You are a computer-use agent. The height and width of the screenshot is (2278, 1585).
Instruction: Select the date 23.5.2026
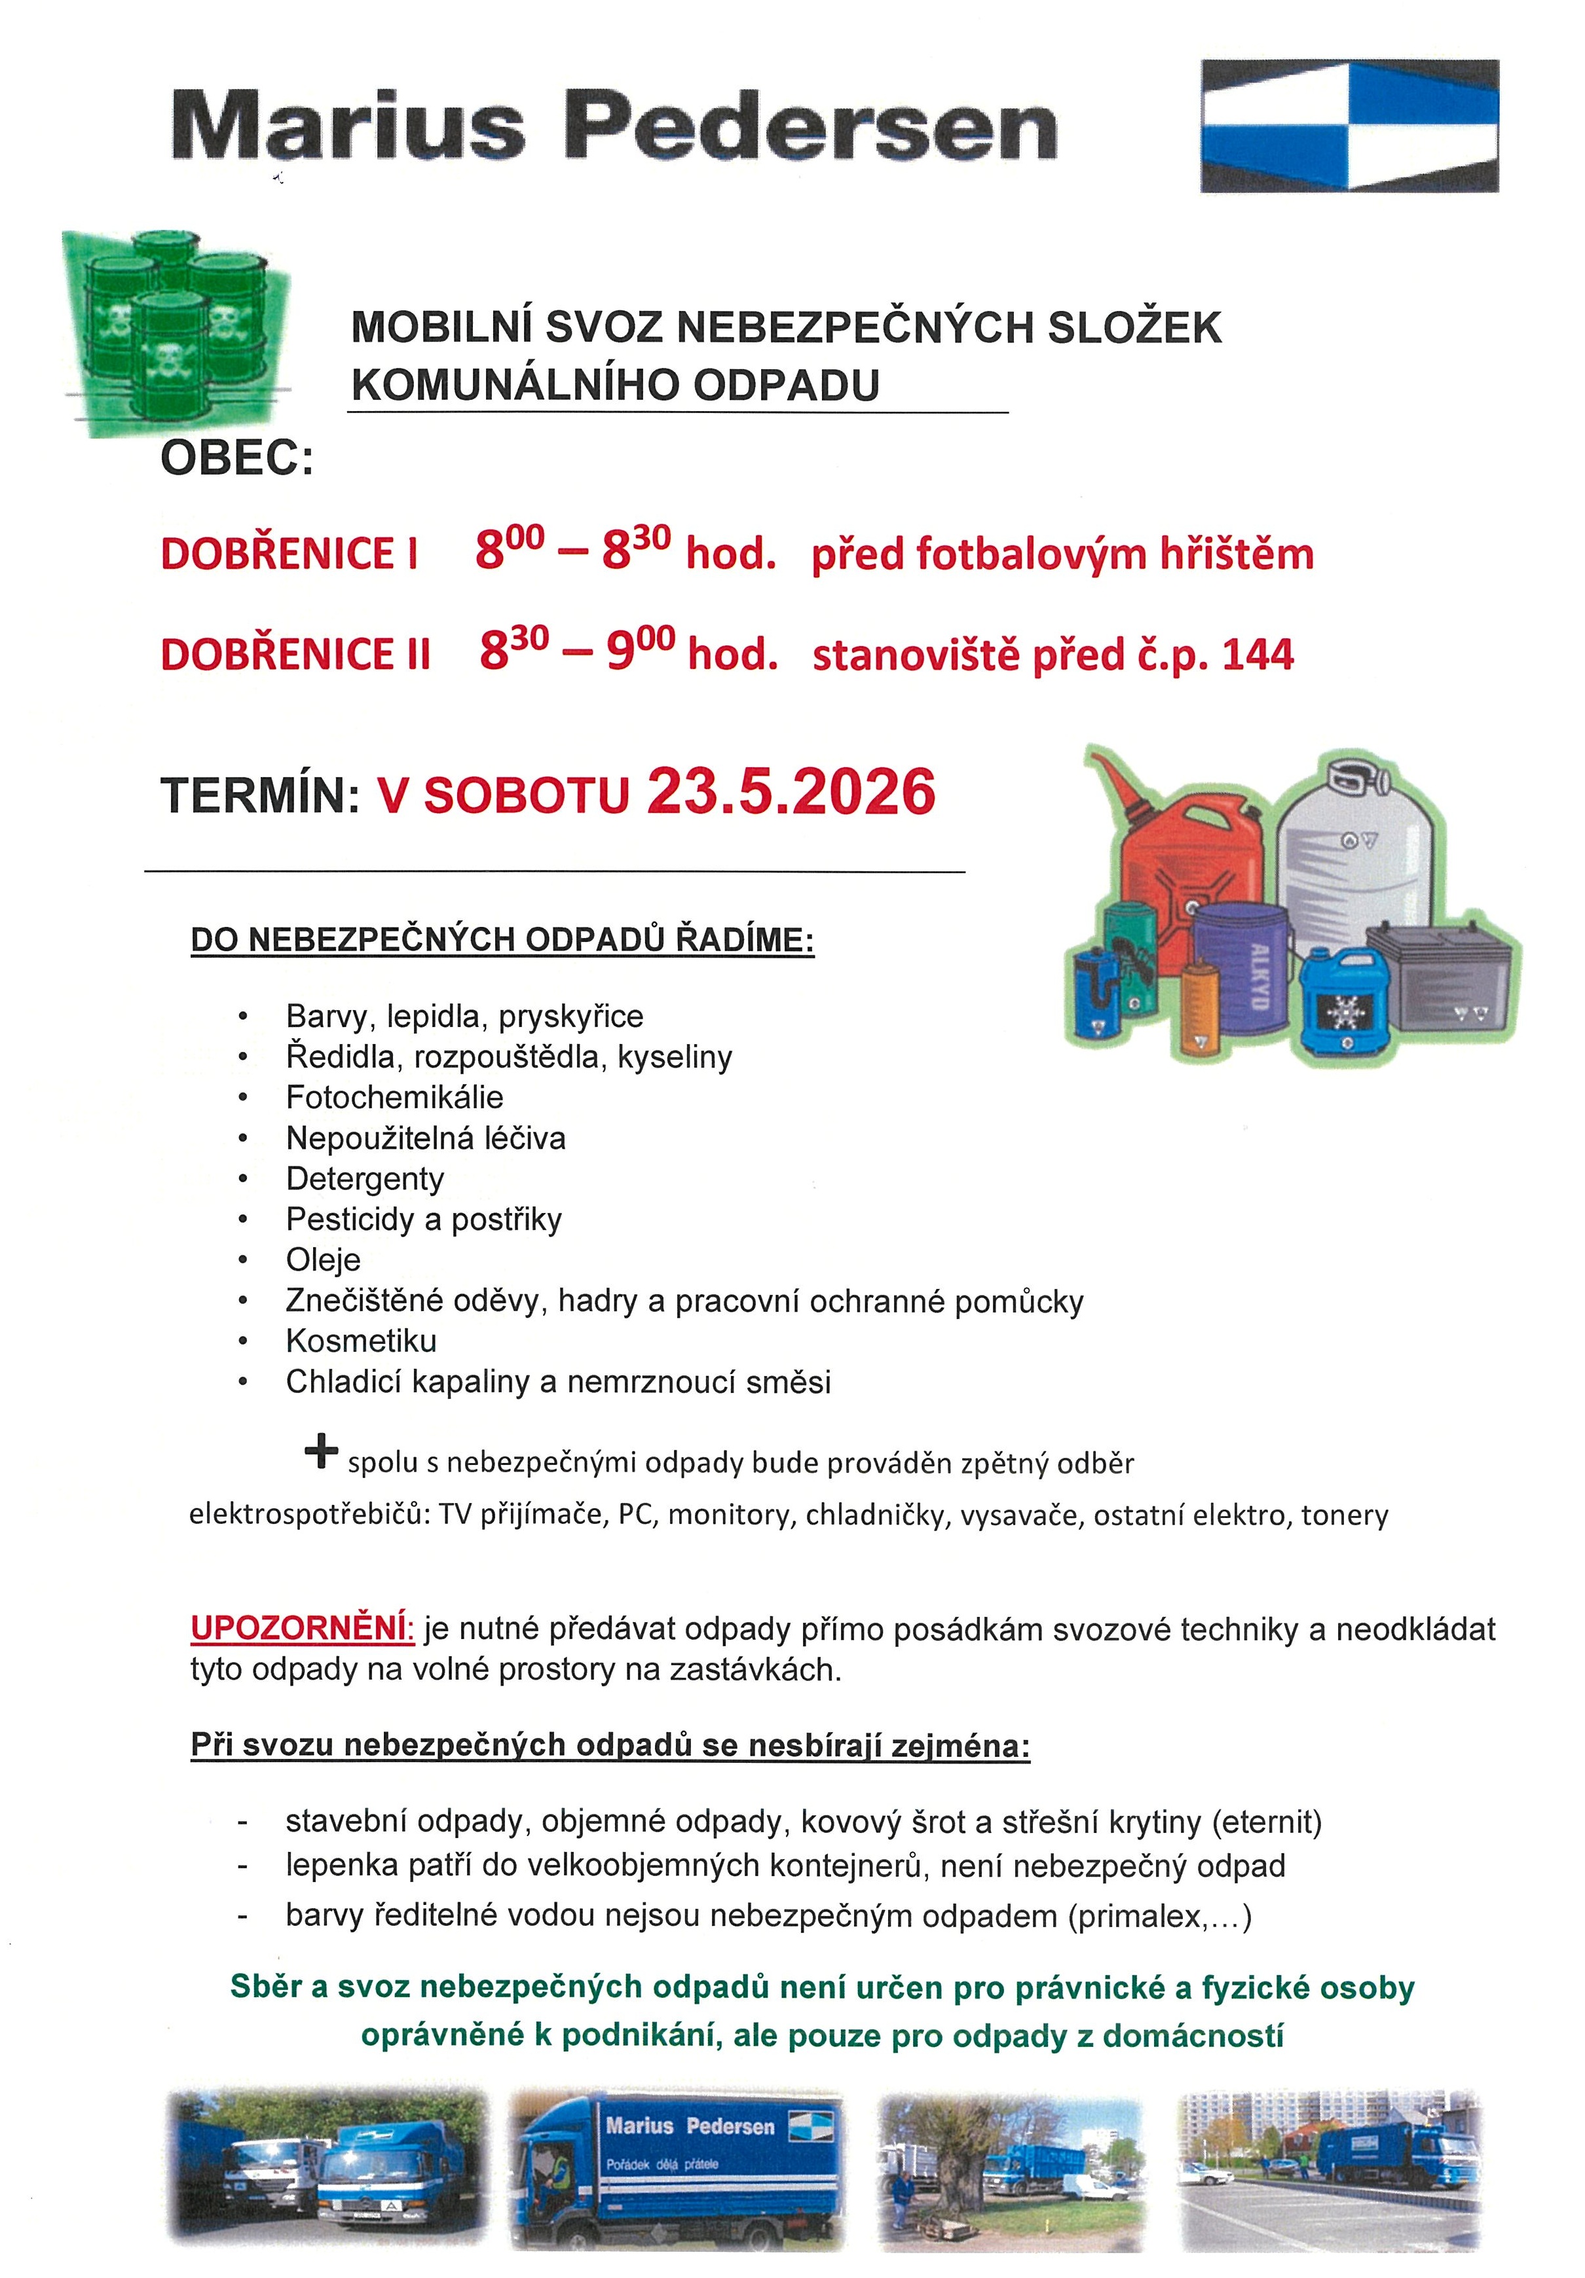pyautogui.click(x=791, y=793)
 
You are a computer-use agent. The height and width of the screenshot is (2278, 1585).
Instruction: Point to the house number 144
pyautogui.click(x=1258, y=655)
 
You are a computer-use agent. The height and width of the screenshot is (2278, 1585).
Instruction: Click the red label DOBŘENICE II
pyautogui.click(x=295, y=655)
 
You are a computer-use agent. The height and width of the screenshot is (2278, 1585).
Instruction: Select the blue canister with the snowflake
pyautogui.click(x=1346, y=1002)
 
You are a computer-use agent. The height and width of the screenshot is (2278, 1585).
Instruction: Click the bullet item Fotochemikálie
pyautogui.click(x=394, y=1096)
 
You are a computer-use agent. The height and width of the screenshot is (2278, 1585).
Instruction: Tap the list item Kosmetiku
pyautogui.click(x=360, y=1341)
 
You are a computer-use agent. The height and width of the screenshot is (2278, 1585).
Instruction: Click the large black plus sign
pyautogui.click(x=320, y=1453)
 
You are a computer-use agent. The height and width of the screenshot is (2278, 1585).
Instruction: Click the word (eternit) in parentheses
pyautogui.click(x=1267, y=1822)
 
